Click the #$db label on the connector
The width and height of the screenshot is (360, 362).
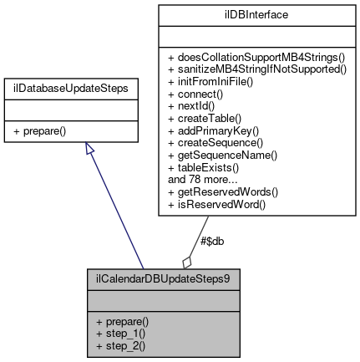212,241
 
